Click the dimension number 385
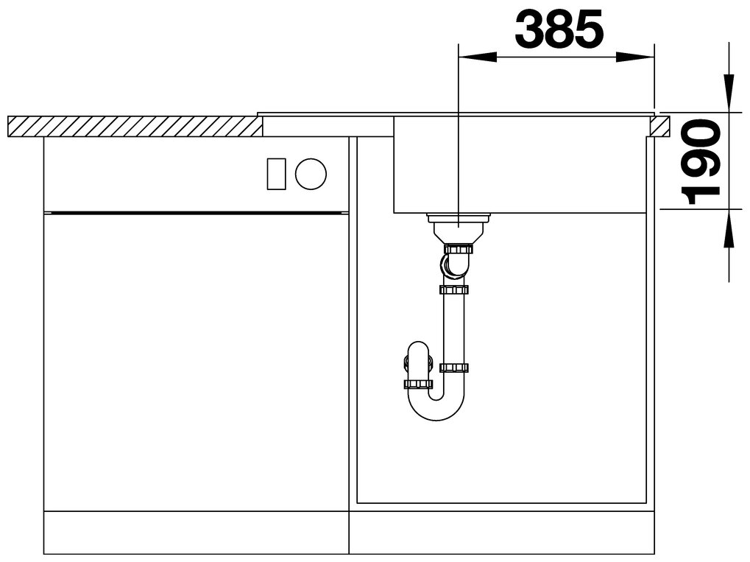559,29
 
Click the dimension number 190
701,162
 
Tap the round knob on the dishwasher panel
311,173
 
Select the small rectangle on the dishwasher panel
277,173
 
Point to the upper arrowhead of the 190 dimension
729,94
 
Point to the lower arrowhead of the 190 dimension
729,229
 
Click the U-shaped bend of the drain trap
435,404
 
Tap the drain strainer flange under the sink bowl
459,219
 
